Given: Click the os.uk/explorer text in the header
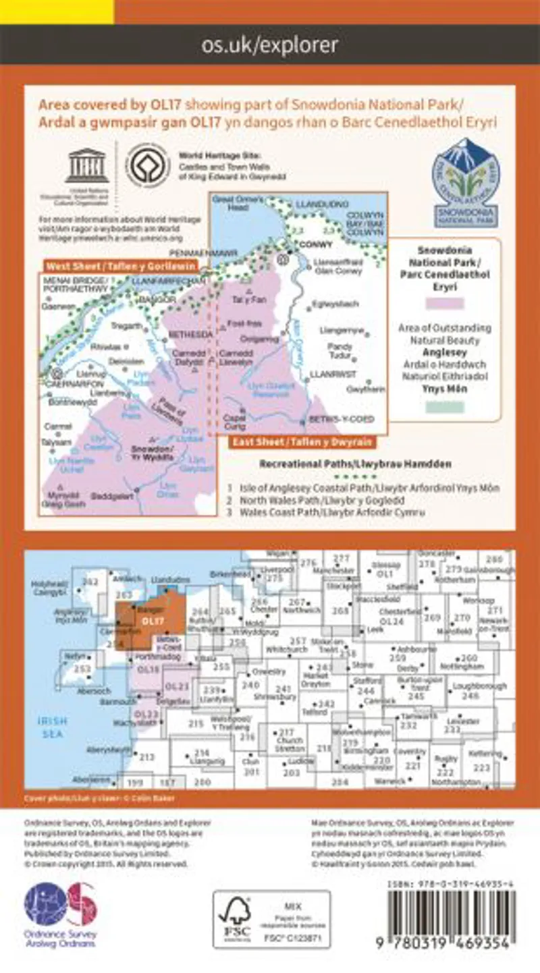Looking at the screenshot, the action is tap(270, 45).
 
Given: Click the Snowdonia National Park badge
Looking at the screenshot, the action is tap(465, 182).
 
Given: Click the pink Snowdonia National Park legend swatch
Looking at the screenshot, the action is tap(445, 304).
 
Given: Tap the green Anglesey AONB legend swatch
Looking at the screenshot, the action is tap(445, 407).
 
